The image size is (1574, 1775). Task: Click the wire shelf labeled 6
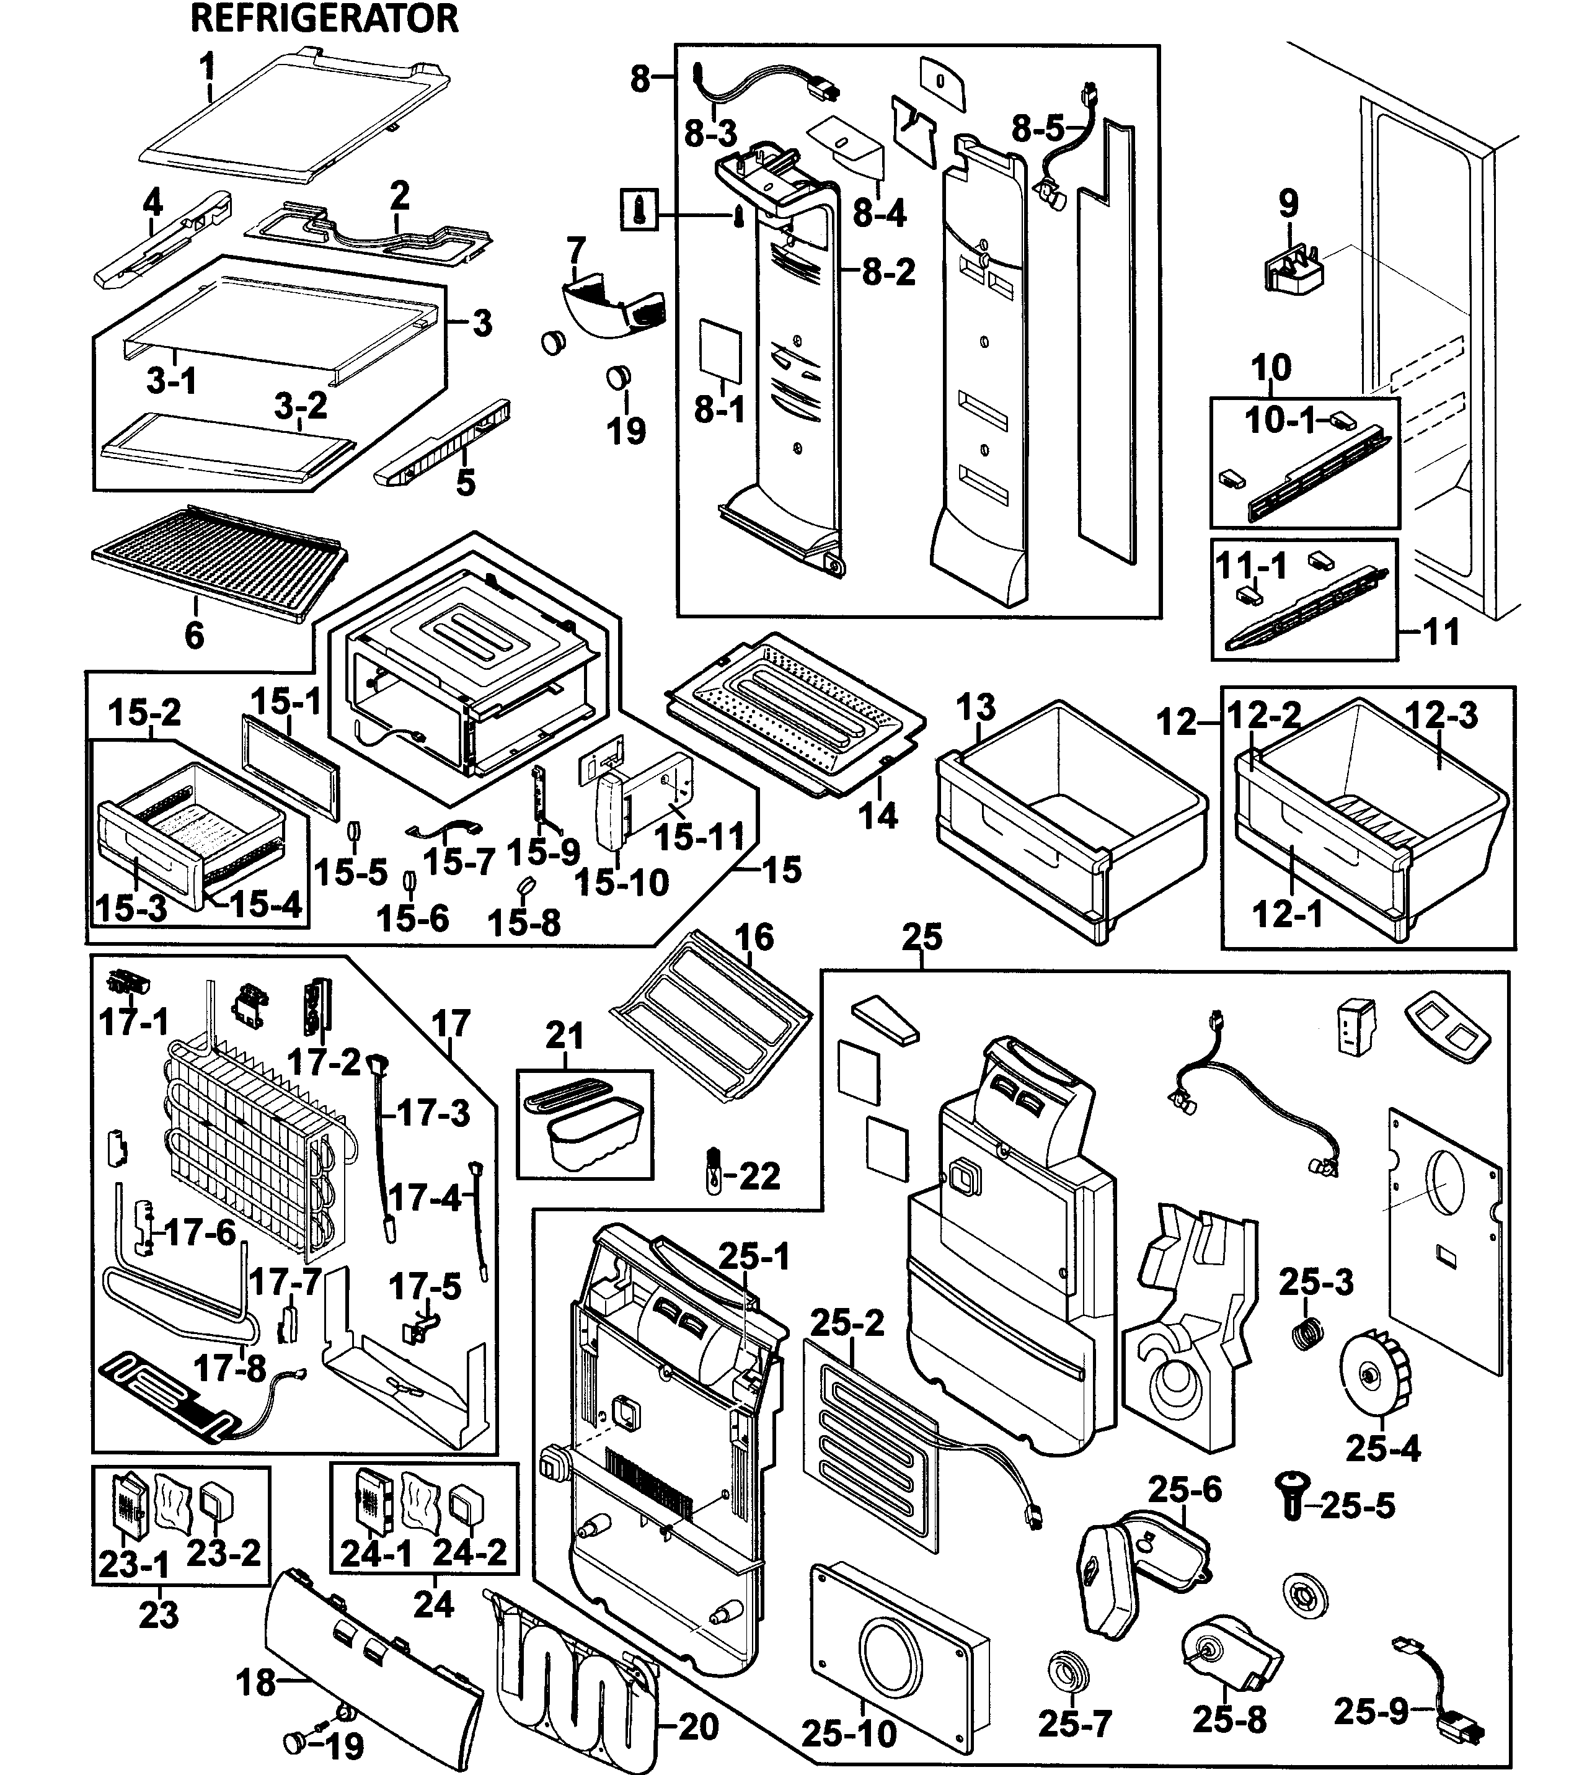tap(217, 551)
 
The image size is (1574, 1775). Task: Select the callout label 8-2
tap(889, 273)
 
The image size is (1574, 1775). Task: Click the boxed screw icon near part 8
tap(640, 211)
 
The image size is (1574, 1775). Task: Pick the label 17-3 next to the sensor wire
tap(434, 1113)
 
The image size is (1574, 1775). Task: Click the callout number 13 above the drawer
tap(976, 707)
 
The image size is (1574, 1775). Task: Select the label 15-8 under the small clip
tap(524, 922)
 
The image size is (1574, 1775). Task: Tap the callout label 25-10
tap(849, 1734)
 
